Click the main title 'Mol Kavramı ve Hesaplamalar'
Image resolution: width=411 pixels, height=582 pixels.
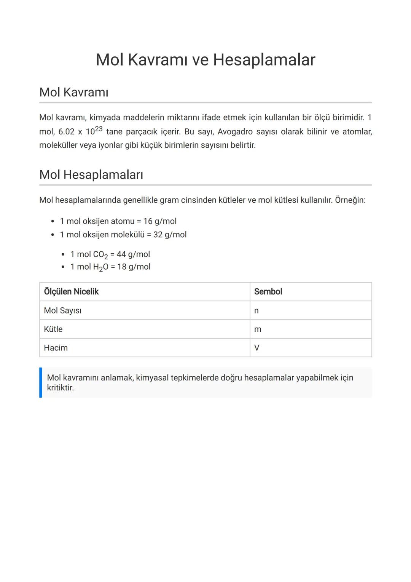[205, 60]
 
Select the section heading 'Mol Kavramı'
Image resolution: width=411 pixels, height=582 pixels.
[74, 92]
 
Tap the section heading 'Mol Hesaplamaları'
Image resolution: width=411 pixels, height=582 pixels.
[91, 175]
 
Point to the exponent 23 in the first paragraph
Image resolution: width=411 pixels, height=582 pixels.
[99, 129]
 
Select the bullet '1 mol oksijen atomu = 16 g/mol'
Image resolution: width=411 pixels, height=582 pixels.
[118, 221]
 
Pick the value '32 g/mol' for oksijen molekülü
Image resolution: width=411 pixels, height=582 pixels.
[170, 235]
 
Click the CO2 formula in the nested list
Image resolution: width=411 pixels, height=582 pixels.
[100, 254]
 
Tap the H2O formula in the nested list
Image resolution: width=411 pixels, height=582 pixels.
[100, 267]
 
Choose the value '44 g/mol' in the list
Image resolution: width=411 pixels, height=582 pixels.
[133, 254]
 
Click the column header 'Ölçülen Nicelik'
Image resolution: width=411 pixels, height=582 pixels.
[71, 292]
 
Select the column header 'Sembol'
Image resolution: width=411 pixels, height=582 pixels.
[268, 292]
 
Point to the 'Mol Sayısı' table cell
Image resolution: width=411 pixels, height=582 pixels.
[62, 310]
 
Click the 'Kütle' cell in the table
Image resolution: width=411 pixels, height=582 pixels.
[53, 329]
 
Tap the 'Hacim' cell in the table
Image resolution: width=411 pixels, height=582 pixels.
[56, 348]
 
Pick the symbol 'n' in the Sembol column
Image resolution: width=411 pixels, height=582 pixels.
[256, 311]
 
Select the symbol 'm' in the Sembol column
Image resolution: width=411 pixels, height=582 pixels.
[258, 329]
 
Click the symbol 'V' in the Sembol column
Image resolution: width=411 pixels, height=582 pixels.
[257, 348]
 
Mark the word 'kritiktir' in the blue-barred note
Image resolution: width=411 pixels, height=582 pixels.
[60, 388]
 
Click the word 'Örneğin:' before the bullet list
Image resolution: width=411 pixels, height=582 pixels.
[350, 200]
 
